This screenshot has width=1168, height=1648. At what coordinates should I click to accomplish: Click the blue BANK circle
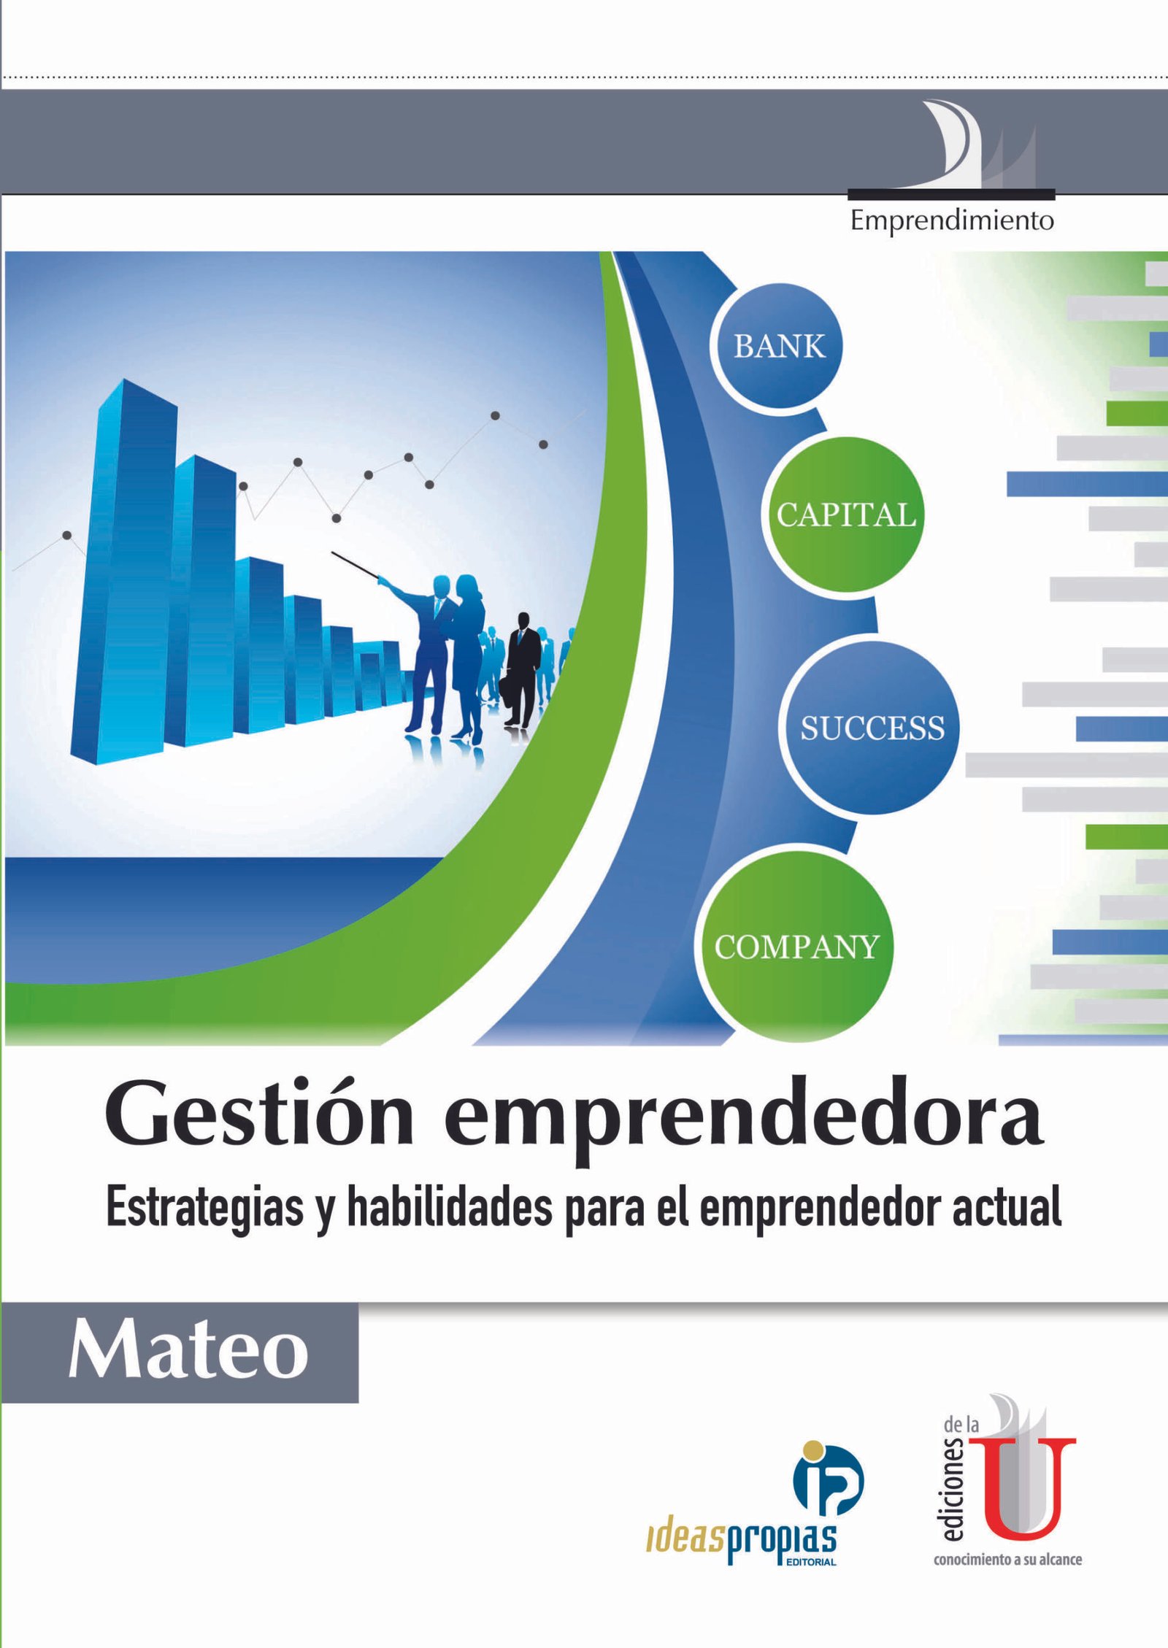[x=778, y=346]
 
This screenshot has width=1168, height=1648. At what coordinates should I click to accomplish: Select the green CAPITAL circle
[x=845, y=515]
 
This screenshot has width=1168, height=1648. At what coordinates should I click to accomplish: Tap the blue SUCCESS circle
[x=872, y=728]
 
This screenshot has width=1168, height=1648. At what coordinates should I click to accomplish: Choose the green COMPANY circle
[x=796, y=947]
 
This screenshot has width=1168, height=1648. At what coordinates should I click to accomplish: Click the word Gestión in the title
[x=260, y=1119]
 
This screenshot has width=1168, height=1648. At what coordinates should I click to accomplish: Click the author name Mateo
[x=188, y=1352]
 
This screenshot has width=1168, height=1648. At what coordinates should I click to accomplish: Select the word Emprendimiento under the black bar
[x=952, y=220]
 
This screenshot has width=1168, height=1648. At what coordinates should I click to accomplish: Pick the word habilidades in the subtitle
[x=449, y=1208]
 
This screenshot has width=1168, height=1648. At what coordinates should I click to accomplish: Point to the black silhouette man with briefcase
[x=523, y=669]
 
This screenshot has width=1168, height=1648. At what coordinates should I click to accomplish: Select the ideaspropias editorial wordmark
[x=741, y=1541]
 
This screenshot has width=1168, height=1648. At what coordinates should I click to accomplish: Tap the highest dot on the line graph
[x=495, y=415]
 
